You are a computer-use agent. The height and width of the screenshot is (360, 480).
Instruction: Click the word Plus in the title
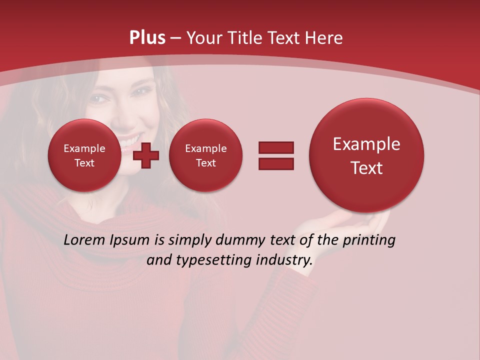(147, 38)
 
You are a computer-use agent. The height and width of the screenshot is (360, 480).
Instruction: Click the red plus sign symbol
(146, 155)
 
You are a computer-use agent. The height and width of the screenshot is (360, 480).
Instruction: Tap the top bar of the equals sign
(276, 147)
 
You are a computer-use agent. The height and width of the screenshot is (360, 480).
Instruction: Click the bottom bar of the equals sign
(276, 163)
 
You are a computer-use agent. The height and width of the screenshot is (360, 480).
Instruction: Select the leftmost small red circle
(84, 155)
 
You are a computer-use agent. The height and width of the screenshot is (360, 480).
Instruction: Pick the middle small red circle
(205, 155)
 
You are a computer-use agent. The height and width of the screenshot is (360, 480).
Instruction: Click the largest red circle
(366, 155)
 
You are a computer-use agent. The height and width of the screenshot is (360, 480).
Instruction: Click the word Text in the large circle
(366, 168)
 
